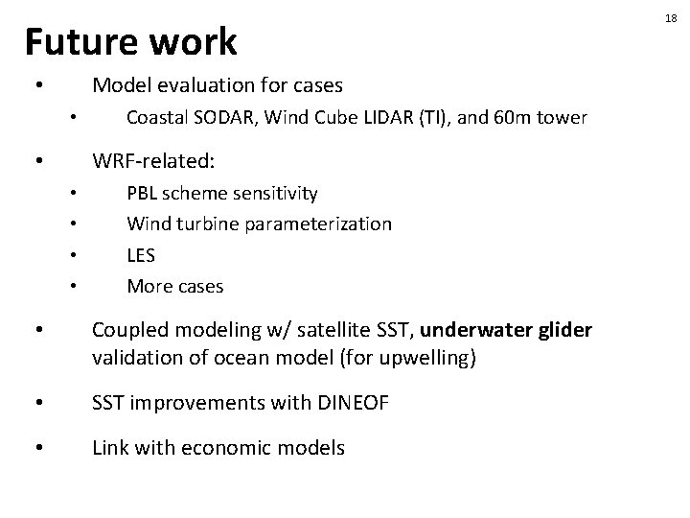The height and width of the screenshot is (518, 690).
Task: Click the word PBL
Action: pos(142,193)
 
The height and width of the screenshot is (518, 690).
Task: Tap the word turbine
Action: pos(212,224)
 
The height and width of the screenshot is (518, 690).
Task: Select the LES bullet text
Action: pos(141,254)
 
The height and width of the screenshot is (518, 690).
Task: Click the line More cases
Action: pos(174,285)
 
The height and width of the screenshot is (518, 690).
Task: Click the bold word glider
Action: pos(564,330)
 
